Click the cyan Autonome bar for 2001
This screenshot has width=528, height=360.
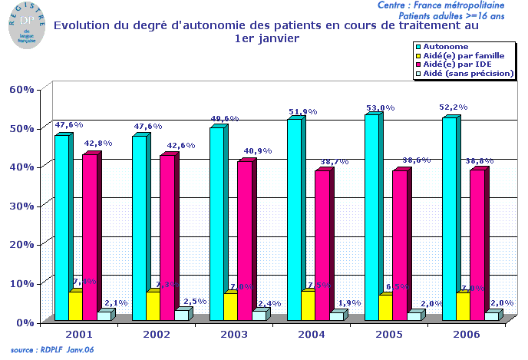(x=61, y=226)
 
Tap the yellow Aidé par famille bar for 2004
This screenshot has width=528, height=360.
(x=307, y=305)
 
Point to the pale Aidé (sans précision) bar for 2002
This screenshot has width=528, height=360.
(x=180, y=315)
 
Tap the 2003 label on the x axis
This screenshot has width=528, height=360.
(x=234, y=335)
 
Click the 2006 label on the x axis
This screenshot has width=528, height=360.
(x=467, y=335)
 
